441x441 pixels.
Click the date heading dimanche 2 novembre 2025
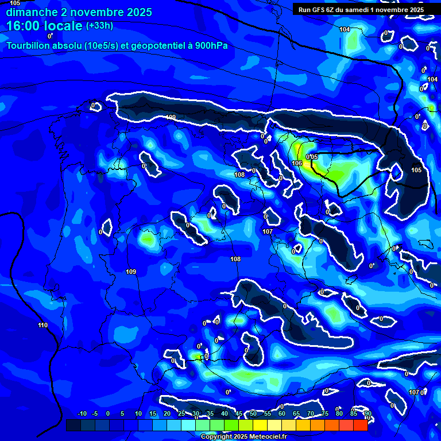coord(79,12)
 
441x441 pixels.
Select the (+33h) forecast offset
coord(99,25)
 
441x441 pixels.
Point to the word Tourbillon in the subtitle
coord(28,45)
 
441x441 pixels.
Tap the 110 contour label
coord(43,326)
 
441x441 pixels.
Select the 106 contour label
coord(297,163)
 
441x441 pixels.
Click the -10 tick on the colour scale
coord(82,414)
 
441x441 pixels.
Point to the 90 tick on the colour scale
coord(367,414)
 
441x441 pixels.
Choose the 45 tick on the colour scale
coord(239,414)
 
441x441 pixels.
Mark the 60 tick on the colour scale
coord(282,414)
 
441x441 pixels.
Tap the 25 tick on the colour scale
coord(181,414)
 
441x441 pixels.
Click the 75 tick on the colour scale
coord(325,414)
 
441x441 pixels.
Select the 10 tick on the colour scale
coord(138,414)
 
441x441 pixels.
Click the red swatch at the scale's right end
coord(360,425)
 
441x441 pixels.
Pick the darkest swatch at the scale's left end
coord(73,425)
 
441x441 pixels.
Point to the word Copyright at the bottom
coord(216,437)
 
